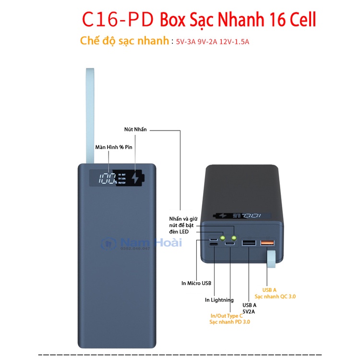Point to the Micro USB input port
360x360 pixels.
[x=213, y=239]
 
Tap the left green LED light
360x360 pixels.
[x=224, y=237]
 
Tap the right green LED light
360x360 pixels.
[x=234, y=237]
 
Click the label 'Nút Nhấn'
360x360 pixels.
[x=135, y=130]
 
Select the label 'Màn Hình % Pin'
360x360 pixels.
[x=113, y=147]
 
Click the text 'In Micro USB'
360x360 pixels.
[x=196, y=284]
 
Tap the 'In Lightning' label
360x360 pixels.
[x=219, y=300]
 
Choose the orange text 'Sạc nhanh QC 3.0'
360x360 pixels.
[x=279, y=297]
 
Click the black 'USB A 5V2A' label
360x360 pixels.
[x=249, y=308]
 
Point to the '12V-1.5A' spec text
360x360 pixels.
[x=234, y=42]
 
